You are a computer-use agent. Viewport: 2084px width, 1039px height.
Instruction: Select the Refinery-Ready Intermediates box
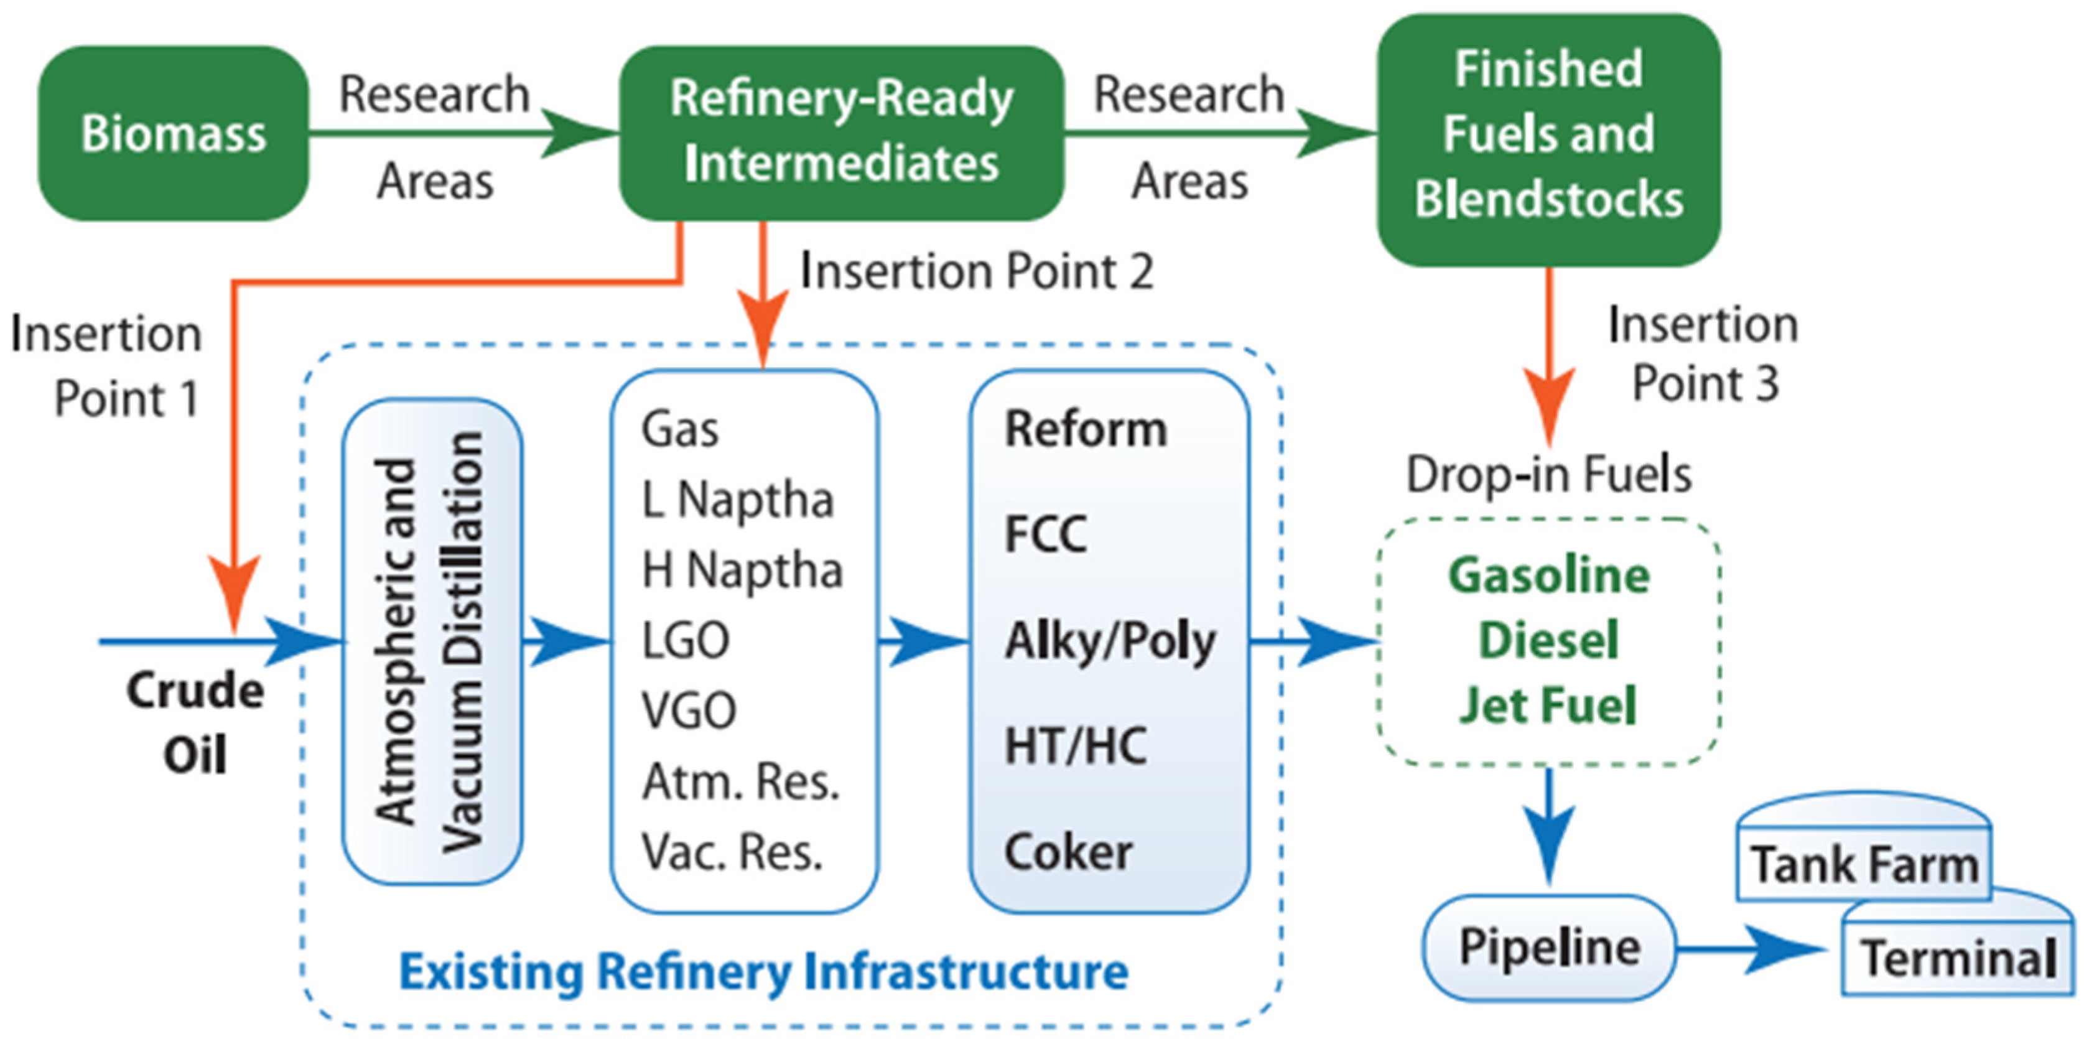pos(840,133)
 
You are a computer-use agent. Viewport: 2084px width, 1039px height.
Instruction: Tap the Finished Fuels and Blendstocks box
pos(1548,137)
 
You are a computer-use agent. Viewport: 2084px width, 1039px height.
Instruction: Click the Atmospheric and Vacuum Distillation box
pos(432,641)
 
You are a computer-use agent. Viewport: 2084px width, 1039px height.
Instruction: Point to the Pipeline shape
pos(1548,947)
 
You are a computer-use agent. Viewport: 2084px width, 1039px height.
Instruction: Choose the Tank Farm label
pos(1864,864)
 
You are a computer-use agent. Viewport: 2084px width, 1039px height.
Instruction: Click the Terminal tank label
pos(1958,958)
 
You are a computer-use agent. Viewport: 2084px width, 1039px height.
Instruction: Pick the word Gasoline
pos(1548,576)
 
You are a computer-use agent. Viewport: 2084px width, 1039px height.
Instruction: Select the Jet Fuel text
pos(1548,704)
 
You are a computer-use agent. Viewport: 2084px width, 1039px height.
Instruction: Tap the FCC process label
pos(1045,534)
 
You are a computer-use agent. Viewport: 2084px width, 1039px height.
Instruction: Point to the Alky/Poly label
pos(1110,641)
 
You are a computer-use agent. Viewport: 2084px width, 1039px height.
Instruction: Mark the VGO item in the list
pos(689,711)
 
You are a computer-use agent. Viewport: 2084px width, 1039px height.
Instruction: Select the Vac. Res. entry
pos(732,851)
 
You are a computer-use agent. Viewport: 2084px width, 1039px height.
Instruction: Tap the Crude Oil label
pos(195,722)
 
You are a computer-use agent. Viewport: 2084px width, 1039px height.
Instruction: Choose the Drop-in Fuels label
pos(1548,474)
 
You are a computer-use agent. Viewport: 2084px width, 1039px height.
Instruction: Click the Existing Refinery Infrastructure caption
pos(764,971)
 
